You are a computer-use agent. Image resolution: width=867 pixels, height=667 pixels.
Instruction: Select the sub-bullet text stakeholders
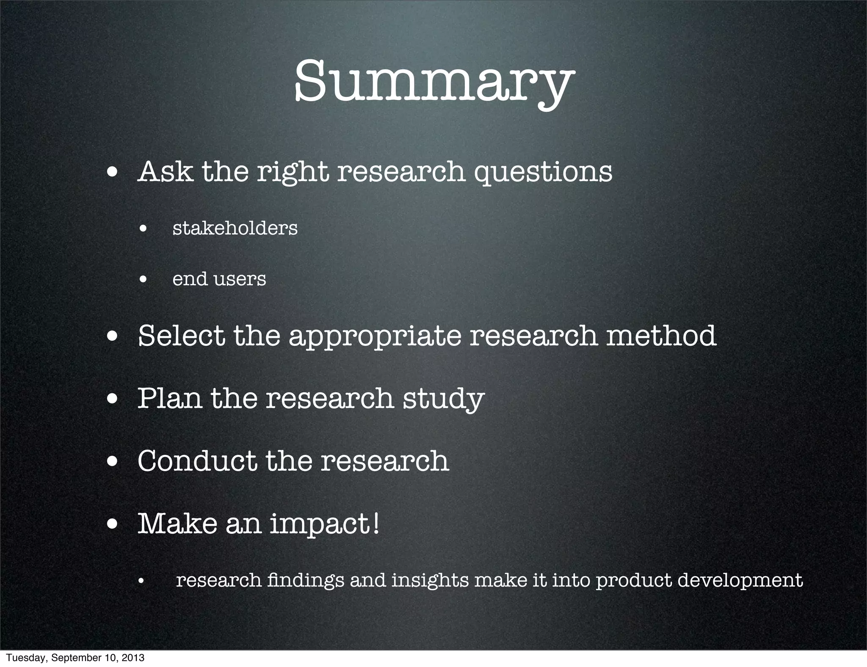[x=235, y=229]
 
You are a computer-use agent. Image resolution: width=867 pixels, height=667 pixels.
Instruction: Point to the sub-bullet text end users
[x=219, y=279]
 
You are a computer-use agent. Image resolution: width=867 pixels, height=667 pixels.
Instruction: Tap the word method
[x=661, y=336]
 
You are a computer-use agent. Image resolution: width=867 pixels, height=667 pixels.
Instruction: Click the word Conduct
[x=197, y=461]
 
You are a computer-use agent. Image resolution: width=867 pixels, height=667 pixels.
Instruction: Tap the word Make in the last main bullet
[x=177, y=524]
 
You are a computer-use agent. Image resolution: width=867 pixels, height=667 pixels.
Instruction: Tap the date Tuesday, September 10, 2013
[x=75, y=658]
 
